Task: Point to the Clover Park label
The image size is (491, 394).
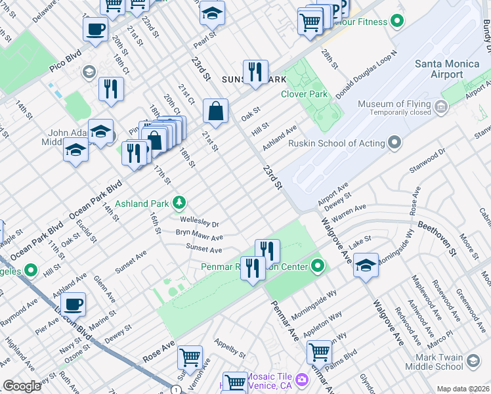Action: tap(304, 94)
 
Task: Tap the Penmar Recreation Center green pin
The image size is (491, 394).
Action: tap(318, 266)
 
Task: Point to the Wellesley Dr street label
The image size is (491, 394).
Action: tap(199, 223)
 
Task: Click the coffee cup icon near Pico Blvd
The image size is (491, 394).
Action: tap(95, 30)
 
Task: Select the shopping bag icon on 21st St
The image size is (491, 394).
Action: tap(215, 111)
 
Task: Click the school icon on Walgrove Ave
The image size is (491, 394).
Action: tap(366, 265)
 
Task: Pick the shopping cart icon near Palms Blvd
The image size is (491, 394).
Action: tap(319, 351)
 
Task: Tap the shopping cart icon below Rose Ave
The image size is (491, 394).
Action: tap(190, 357)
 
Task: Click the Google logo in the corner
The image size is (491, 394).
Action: tap(22, 386)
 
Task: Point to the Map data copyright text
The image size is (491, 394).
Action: tap(463, 389)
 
